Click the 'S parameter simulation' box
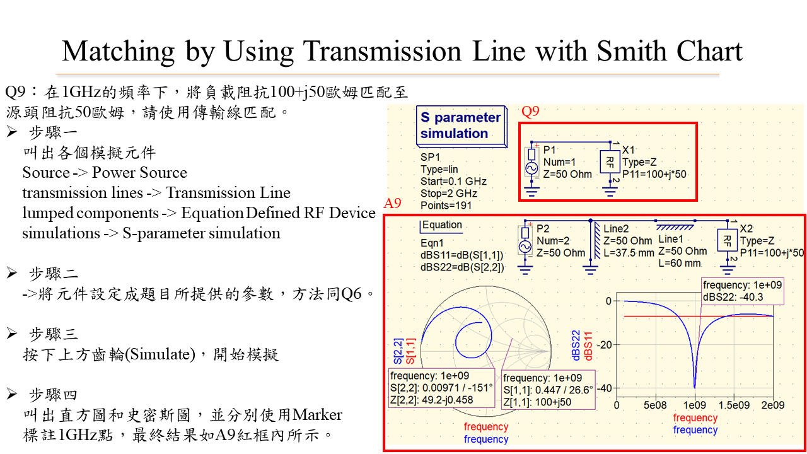pyautogui.click(x=462, y=126)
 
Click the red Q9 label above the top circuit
pyautogui.click(x=530, y=112)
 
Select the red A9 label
pyautogui.click(x=392, y=204)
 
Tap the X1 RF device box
pyautogui.click(x=610, y=162)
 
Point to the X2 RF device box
pyautogui.click(x=728, y=241)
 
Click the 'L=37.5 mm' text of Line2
pyautogui.click(x=629, y=253)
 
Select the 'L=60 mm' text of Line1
pyautogui.click(x=680, y=264)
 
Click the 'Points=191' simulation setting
pyautogui.click(x=446, y=206)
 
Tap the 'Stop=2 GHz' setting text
pyautogui.click(x=449, y=194)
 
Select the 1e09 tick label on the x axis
pyautogui.click(x=695, y=405)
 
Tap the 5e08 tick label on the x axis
pyautogui.click(x=655, y=405)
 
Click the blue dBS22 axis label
pyautogui.click(x=576, y=345)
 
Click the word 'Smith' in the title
pyautogui.click(x=630, y=51)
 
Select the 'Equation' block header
pyautogui.click(x=442, y=225)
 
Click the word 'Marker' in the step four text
pyautogui.click(x=317, y=415)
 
